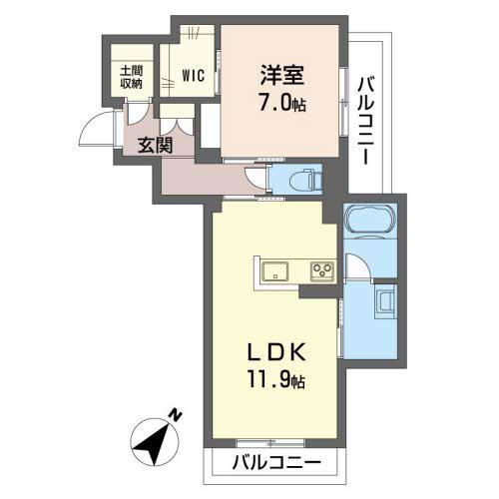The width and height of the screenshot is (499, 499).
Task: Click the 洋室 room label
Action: tap(281, 75)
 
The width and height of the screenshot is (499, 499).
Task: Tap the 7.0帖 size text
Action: tap(282, 102)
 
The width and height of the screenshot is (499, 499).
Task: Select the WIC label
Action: tap(193, 76)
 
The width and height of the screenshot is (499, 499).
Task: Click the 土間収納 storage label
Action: tap(132, 77)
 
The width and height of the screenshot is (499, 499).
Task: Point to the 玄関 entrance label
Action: tap(156, 145)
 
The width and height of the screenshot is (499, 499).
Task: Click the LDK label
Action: tap(276, 353)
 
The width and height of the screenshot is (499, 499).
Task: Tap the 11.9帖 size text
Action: tap(275, 379)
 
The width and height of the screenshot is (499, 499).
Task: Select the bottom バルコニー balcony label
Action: tap(276, 463)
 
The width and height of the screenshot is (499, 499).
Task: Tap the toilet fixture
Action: tap(305, 180)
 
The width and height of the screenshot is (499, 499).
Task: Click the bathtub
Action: tap(370, 221)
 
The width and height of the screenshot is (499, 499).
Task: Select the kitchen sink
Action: tap(275, 271)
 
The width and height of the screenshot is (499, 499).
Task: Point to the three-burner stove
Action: tap(322, 270)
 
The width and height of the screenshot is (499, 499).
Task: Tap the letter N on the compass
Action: tap(176, 416)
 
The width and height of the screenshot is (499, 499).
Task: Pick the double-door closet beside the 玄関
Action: tap(177, 120)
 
